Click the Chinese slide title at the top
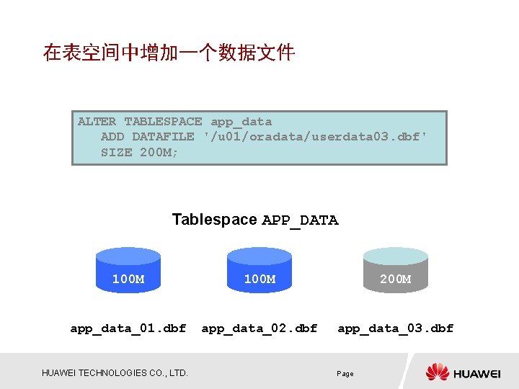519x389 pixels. (169, 53)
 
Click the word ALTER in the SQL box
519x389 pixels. (97, 122)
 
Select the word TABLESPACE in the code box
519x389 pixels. (163, 122)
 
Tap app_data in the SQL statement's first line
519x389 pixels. (241, 122)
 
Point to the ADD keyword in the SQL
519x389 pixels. (112, 136)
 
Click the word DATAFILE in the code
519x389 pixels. (163, 136)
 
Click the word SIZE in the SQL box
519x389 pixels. (116, 151)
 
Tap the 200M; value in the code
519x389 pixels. (159, 151)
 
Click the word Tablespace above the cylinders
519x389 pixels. (214, 220)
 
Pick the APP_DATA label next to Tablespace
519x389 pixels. (300, 220)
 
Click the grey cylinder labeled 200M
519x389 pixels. (395, 271)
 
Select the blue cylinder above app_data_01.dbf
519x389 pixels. (128, 271)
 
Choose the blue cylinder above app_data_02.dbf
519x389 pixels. (259, 271)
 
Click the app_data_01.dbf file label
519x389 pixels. (128, 328)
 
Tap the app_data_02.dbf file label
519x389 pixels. (259, 328)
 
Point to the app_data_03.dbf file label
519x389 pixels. (396, 328)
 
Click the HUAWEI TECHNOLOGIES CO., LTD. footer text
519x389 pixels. (115, 372)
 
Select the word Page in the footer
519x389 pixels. (345, 374)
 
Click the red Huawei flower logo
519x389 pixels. (438, 372)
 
